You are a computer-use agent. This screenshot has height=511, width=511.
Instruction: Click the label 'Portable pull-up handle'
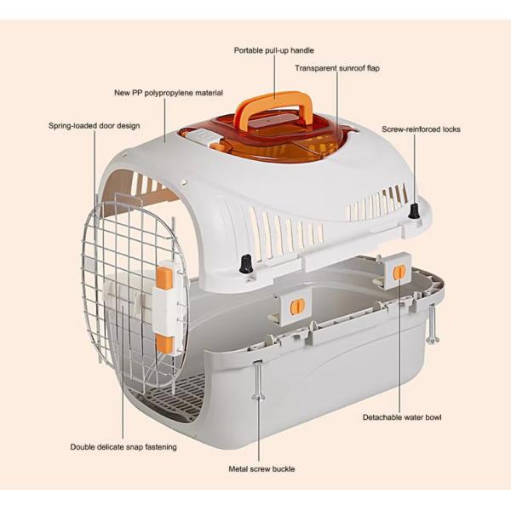273,50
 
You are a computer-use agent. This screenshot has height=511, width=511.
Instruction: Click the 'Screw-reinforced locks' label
421,129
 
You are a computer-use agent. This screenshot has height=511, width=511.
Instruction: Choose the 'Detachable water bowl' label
402,417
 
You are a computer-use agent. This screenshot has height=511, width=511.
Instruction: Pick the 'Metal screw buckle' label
261,468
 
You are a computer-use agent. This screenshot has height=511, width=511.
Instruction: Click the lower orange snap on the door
164,344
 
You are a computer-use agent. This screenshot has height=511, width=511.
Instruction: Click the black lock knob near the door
246,264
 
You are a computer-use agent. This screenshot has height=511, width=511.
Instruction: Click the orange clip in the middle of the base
296,307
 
